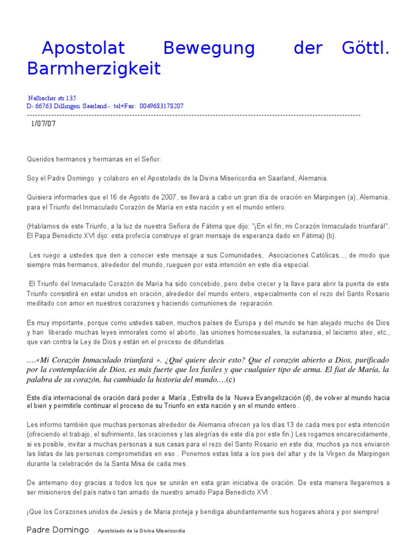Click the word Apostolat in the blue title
(x=84, y=48)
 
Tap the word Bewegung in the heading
(x=209, y=48)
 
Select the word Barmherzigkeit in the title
(x=94, y=69)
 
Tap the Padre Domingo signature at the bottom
(x=57, y=530)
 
